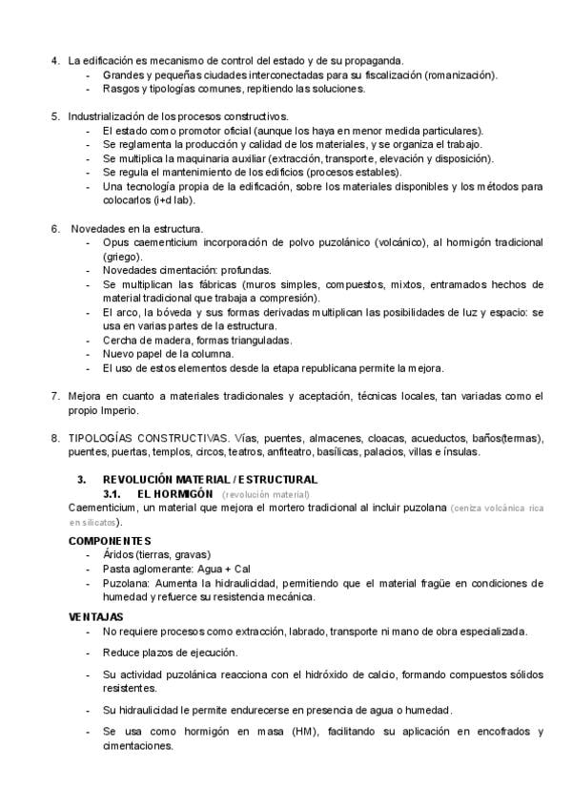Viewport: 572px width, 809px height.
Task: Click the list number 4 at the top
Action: pos(53,60)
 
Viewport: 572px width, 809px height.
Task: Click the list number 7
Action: pos(53,396)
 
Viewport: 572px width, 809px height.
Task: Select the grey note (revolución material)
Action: pos(266,495)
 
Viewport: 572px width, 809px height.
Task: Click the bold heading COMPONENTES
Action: pos(110,541)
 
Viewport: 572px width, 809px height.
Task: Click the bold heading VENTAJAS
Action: pos(96,616)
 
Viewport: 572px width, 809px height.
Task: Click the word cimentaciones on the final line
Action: pos(137,746)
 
